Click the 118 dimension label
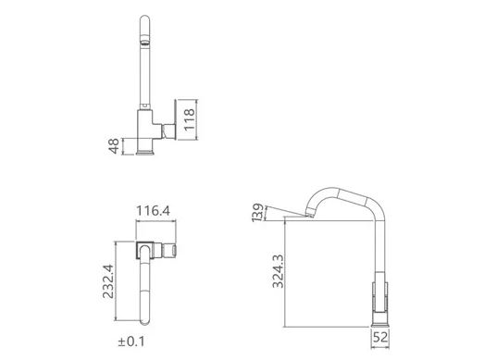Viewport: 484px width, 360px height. [189, 119]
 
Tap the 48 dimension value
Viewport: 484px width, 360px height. [114, 146]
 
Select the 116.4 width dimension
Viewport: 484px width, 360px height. [153, 211]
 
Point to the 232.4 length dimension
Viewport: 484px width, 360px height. [108, 281]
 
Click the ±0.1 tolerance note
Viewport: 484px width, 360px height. [131, 341]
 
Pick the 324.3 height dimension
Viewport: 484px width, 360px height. [278, 271]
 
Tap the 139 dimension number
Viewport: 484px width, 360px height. [258, 213]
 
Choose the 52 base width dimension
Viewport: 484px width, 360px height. [380, 337]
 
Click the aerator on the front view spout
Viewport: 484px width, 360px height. [144, 42]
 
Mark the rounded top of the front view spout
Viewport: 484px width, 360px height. [144, 20]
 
